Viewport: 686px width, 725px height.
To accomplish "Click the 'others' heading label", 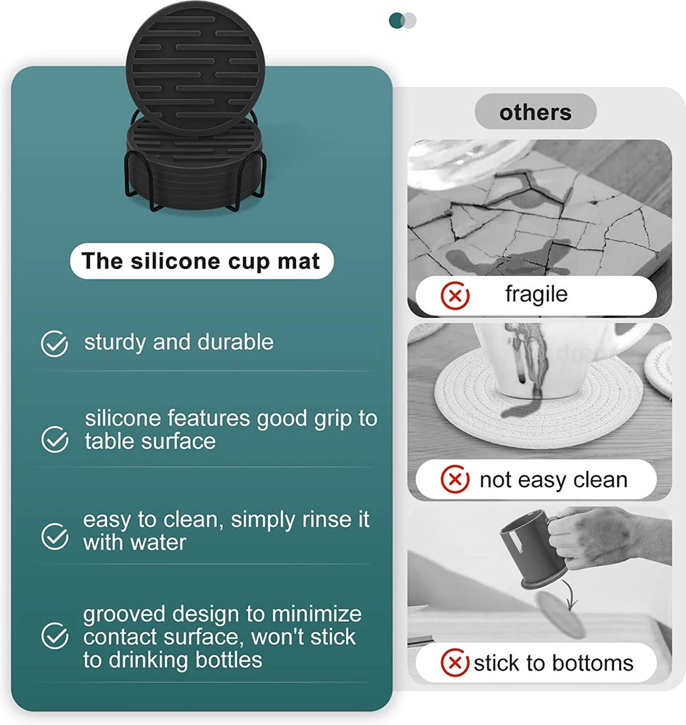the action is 535,112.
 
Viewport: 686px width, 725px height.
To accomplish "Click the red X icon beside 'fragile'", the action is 455,295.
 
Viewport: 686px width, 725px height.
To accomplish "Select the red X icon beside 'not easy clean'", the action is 455,479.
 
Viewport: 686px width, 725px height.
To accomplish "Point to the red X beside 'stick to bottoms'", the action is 455,663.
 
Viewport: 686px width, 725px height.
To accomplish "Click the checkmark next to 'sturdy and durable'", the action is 54,343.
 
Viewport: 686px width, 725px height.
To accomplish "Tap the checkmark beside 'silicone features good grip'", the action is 54,439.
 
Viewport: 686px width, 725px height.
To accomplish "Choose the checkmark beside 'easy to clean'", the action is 54,536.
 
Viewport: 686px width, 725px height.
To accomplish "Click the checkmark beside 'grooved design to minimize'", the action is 54,636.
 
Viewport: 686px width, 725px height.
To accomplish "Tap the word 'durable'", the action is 236,342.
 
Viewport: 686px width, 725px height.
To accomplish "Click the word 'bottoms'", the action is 593,663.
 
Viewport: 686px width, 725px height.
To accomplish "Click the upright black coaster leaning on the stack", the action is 195,68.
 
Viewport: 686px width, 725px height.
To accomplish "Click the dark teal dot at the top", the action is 397,21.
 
